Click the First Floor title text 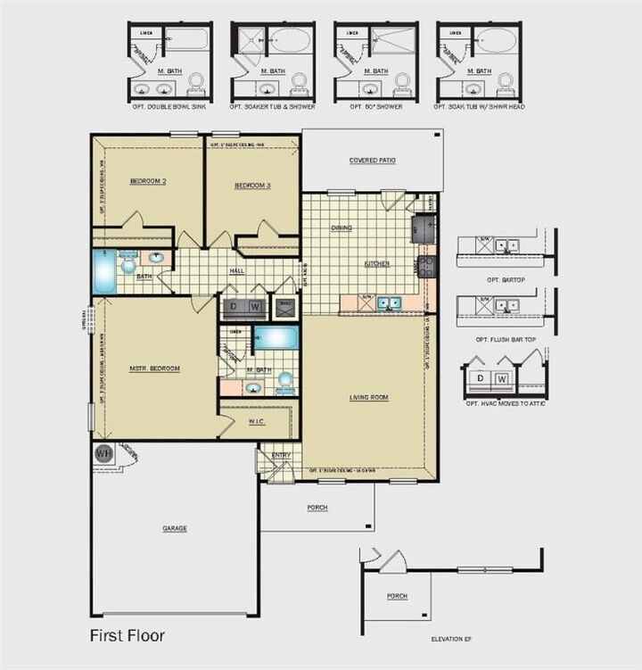pyautogui.click(x=126, y=636)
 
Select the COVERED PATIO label pyautogui.click(x=372, y=161)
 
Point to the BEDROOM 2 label pyautogui.click(x=148, y=181)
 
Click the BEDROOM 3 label pyautogui.click(x=252, y=186)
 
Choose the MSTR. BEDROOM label pyautogui.click(x=155, y=368)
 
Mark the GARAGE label pyautogui.click(x=175, y=528)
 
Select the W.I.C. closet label pyautogui.click(x=257, y=422)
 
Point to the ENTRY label pyautogui.click(x=281, y=455)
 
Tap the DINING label pyautogui.click(x=342, y=227)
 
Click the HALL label pyautogui.click(x=237, y=271)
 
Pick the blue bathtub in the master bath pyautogui.click(x=276, y=338)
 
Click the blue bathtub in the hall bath pyautogui.click(x=102, y=271)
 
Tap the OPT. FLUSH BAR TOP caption pyautogui.click(x=499, y=340)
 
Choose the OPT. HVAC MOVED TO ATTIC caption pyautogui.click(x=506, y=404)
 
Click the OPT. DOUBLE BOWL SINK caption pyautogui.click(x=169, y=106)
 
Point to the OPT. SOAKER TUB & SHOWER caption pyautogui.click(x=272, y=106)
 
